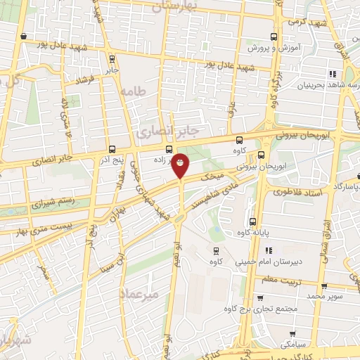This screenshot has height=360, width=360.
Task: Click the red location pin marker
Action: [181, 165]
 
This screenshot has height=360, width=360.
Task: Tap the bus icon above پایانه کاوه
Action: [252, 221]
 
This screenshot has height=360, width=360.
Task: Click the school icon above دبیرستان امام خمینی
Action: [268, 250]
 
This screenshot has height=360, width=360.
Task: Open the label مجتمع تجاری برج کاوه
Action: [261, 309]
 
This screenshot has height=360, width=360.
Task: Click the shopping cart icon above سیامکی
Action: [292, 333]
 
